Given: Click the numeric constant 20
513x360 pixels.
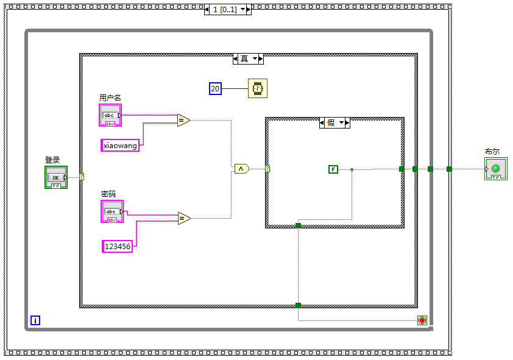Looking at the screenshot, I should pos(215,89).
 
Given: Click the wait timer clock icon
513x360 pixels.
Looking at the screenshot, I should pos(258,88).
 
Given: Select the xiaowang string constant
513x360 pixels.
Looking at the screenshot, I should pos(120,145).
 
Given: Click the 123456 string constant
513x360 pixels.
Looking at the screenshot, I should pos(117,246).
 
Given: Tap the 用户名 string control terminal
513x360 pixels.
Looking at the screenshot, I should pos(110,115).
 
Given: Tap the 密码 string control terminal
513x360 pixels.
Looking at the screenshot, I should pos(111,211).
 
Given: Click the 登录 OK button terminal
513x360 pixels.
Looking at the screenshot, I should pos(56,177).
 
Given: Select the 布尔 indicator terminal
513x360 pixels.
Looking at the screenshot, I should pos(495,169).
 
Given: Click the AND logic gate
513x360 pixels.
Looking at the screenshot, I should pos(241,169).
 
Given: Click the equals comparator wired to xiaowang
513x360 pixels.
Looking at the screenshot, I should pos(183,121).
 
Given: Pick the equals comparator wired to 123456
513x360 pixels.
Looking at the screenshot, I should pos(184,218).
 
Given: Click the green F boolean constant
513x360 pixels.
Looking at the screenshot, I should pos(333,169).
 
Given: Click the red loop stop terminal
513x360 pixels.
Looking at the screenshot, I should pos(422,320).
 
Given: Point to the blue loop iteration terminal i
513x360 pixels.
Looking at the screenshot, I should pos(35,320).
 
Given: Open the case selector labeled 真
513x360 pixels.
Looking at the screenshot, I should pos(248,59).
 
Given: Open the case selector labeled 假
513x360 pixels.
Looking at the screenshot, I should pos(334,122).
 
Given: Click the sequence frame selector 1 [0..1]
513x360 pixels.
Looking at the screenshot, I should pos(228,10).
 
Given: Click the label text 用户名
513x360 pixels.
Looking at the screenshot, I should pos(110,97).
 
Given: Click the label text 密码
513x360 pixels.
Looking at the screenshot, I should pos(108,194).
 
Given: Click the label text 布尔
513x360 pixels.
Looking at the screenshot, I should pos(492,152).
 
